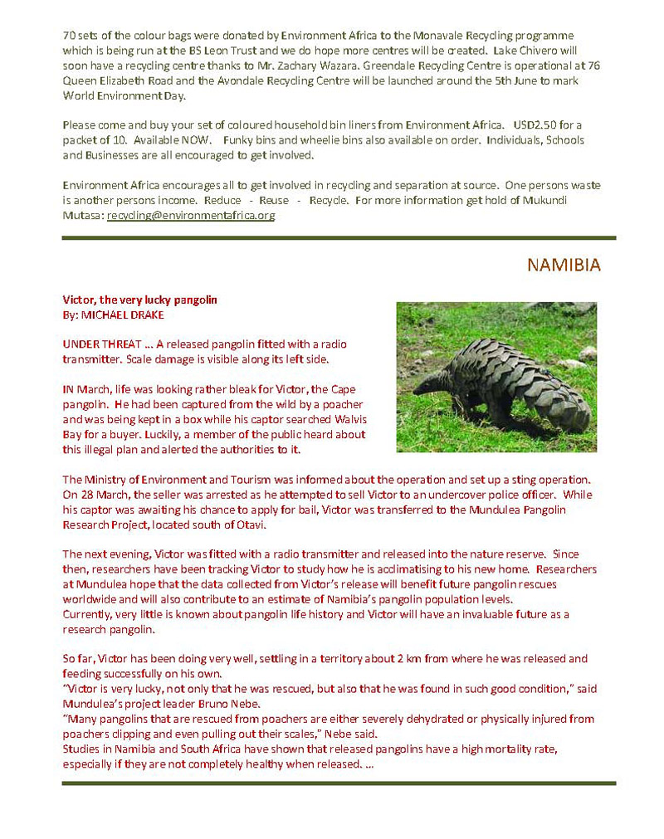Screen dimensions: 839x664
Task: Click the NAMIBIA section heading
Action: [x=564, y=265]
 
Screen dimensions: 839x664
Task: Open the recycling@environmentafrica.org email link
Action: [x=191, y=216]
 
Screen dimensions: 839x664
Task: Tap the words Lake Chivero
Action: [x=544, y=51]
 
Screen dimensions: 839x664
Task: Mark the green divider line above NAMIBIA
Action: [x=339, y=238]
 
